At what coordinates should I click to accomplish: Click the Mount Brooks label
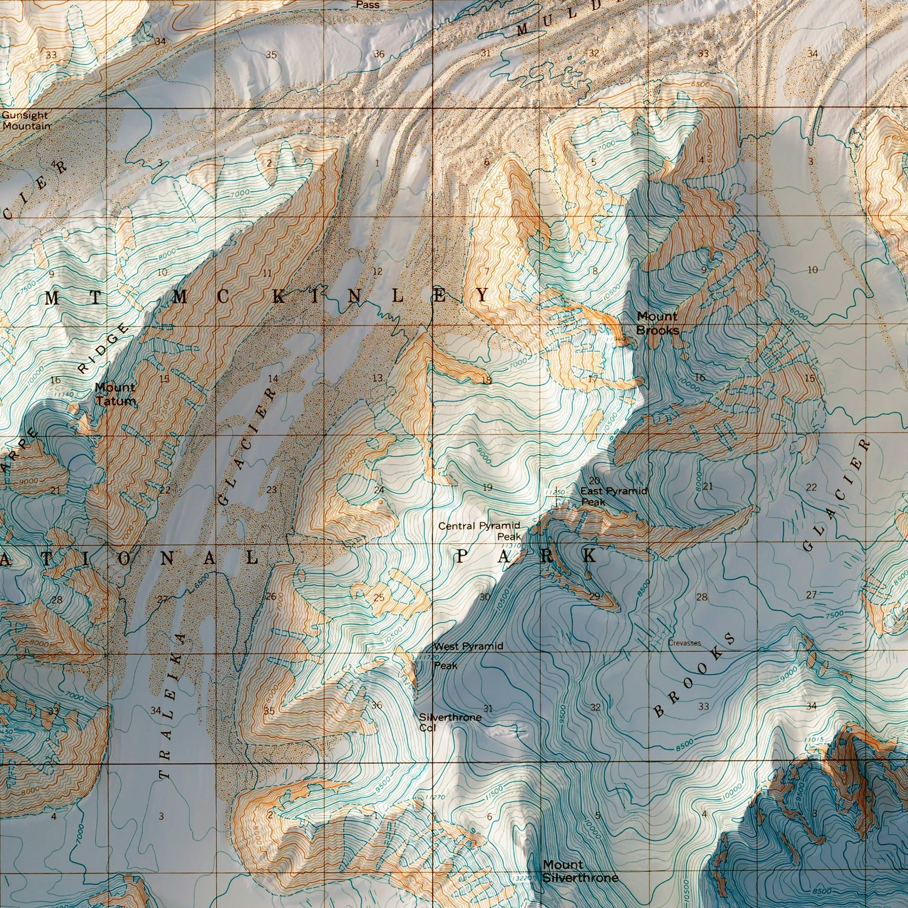pyautogui.click(x=657, y=323)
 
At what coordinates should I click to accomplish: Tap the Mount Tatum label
pyautogui.click(x=115, y=394)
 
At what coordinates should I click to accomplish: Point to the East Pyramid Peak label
pyautogui.click(x=613, y=496)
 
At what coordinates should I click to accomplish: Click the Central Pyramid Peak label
pyautogui.click(x=480, y=531)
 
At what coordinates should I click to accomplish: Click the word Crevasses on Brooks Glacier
pyautogui.click(x=684, y=643)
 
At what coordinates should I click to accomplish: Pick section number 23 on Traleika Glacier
pyautogui.click(x=271, y=490)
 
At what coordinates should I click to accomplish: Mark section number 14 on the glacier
pyautogui.click(x=273, y=378)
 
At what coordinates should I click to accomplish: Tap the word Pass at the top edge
pyautogui.click(x=367, y=5)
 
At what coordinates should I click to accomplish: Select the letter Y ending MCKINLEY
pyautogui.click(x=482, y=296)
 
